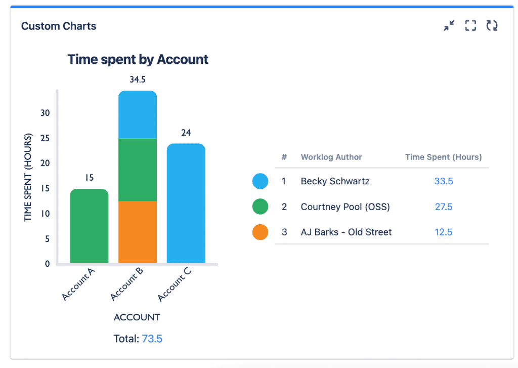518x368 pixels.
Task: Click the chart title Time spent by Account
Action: pyautogui.click(x=138, y=59)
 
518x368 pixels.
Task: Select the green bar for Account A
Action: pyautogui.click(x=89, y=226)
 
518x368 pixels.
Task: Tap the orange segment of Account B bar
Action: pyautogui.click(x=138, y=232)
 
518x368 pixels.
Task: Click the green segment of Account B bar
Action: pyautogui.click(x=138, y=170)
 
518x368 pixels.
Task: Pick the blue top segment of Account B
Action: pyautogui.click(x=138, y=115)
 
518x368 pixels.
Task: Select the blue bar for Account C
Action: pyautogui.click(x=186, y=203)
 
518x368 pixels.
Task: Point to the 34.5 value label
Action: pyautogui.click(x=138, y=79)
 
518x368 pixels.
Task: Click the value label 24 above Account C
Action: pyautogui.click(x=186, y=133)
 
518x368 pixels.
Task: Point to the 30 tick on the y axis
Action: pyautogui.click(x=46, y=113)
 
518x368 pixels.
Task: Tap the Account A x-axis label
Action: pyautogui.click(x=78, y=284)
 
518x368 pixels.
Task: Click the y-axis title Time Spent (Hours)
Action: pyautogui.click(x=28, y=177)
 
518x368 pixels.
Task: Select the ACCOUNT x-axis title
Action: pyautogui.click(x=137, y=317)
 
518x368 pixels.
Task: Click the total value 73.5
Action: pyautogui.click(x=152, y=339)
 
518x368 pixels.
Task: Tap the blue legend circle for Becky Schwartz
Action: pyautogui.click(x=260, y=181)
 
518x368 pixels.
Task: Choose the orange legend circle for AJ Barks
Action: pyautogui.click(x=260, y=232)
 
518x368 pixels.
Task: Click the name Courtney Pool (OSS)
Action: pyautogui.click(x=345, y=207)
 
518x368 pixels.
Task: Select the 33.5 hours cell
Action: pyautogui.click(x=443, y=181)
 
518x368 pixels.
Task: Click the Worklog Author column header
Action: pyautogui.click(x=331, y=157)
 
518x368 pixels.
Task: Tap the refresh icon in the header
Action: pyautogui.click(x=492, y=26)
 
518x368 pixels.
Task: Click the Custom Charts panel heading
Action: pyautogui.click(x=59, y=26)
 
